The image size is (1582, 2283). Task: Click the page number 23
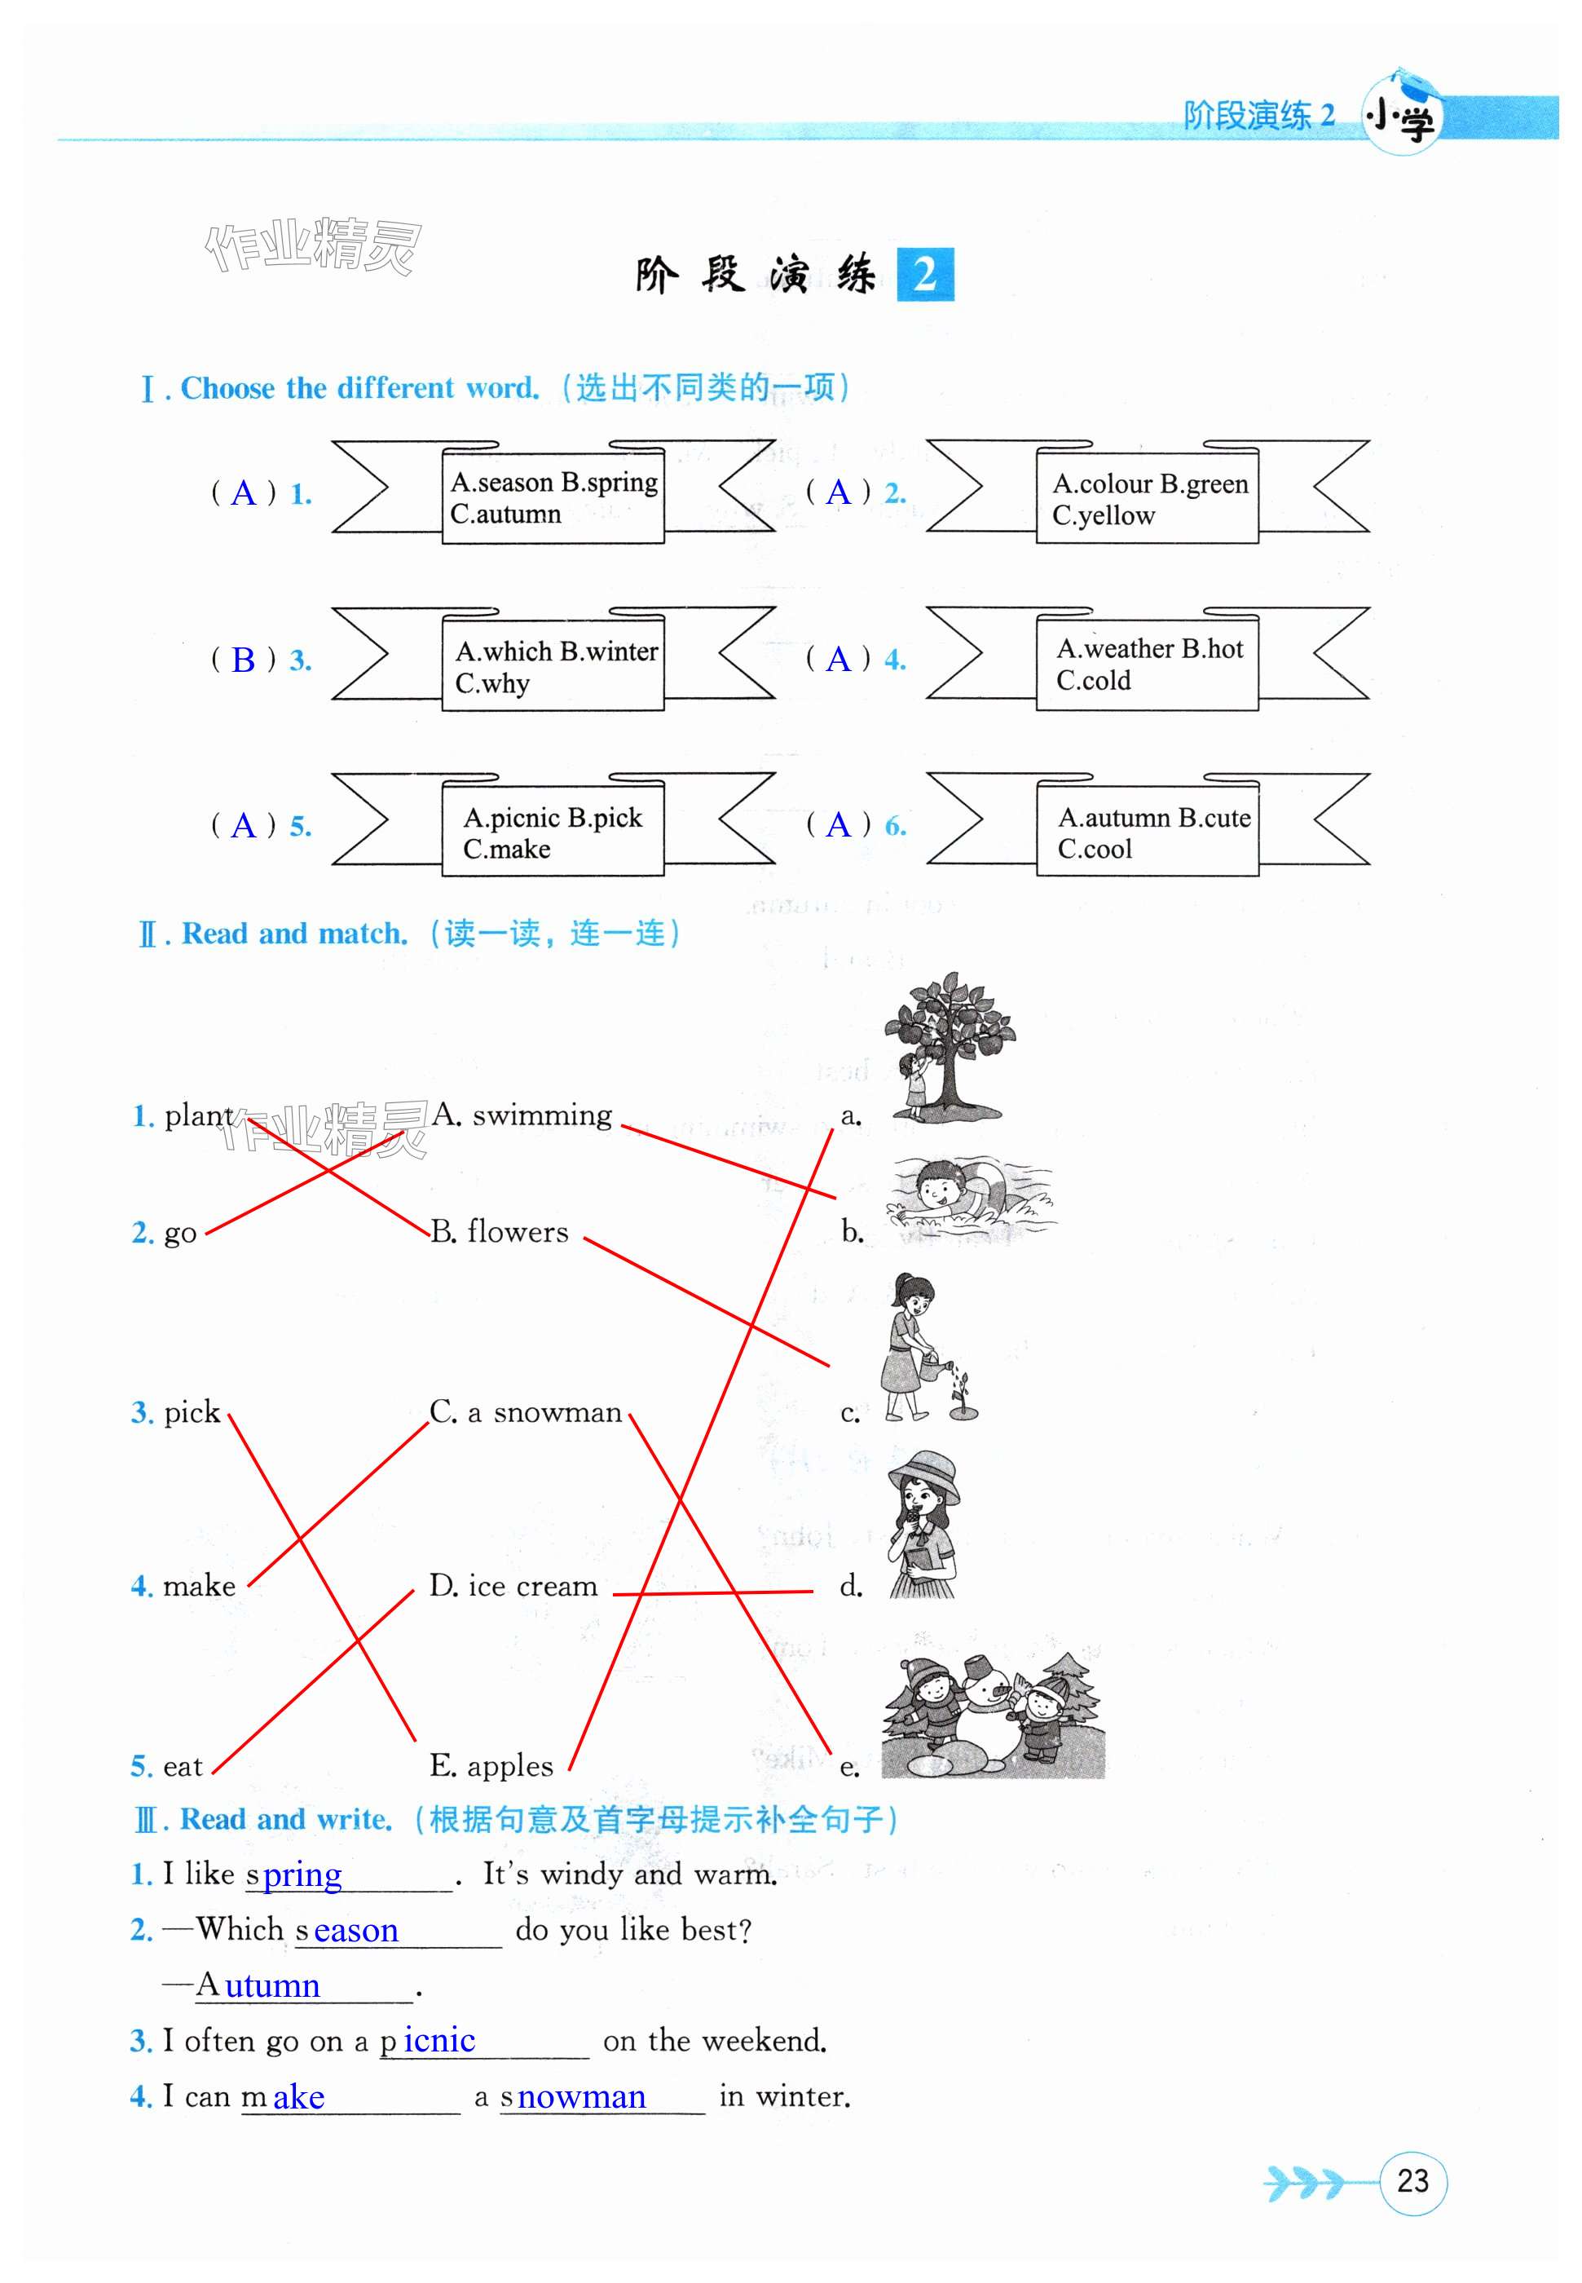(1412, 2181)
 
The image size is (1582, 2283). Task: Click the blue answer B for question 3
(243, 660)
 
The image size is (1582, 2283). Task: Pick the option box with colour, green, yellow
(1148, 499)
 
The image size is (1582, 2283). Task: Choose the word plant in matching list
(198, 1115)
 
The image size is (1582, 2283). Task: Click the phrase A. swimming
(522, 1115)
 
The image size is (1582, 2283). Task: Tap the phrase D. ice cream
(513, 1586)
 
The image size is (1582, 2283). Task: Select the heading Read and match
(294, 934)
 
